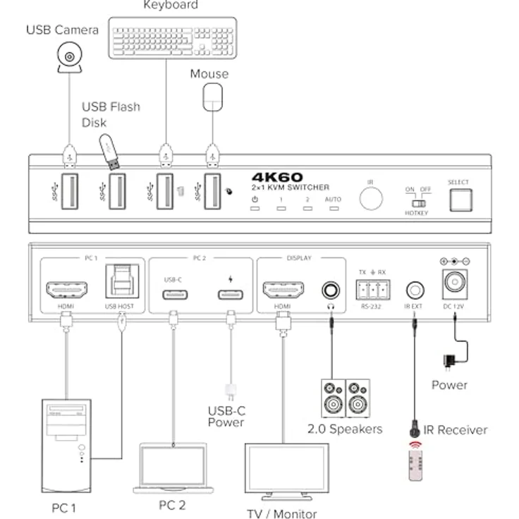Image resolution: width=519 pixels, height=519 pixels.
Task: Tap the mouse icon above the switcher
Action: (212, 97)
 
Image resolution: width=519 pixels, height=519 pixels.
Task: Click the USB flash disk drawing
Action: (109, 151)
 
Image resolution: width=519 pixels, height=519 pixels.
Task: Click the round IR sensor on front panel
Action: (371, 199)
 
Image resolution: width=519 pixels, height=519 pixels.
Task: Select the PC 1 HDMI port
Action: (66, 288)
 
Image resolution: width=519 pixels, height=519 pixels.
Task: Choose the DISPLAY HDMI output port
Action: (283, 289)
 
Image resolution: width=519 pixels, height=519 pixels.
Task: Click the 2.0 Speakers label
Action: (345, 429)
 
